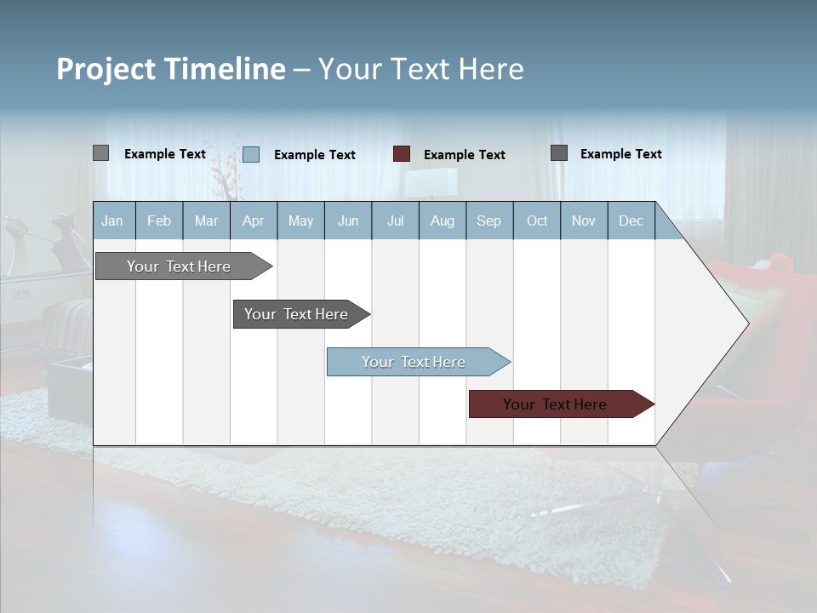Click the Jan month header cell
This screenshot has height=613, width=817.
[x=112, y=221]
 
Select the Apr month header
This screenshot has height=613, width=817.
[x=253, y=221]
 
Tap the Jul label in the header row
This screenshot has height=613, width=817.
[x=395, y=221]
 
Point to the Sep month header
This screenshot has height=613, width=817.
[x=488, y=221]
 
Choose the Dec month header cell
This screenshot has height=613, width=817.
[x=631, y=221]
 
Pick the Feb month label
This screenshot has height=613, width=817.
[x=159, y=221]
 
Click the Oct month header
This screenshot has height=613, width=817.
[x=537, y=221]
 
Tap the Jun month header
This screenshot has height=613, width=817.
[x=348, y=221]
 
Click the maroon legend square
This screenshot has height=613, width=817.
[x=402, y=154]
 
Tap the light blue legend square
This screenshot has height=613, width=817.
[x=251, y=154]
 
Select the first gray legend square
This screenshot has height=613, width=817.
[x=100, y=153]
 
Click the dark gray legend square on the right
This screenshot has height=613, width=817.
[x=559, y=153]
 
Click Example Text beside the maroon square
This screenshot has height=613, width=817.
[x=464, y=155]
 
